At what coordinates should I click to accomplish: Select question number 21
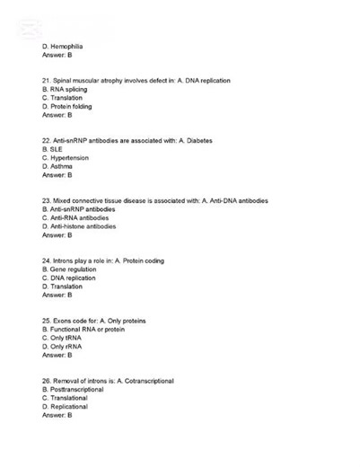click(x=47, y=81)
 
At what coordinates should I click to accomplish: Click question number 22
click(x=47, y=141)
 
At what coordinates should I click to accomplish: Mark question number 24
click(x=47, y=260)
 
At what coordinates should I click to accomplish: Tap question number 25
click(x=47, y=321)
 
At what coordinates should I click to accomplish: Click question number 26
click(x=47, y=381)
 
